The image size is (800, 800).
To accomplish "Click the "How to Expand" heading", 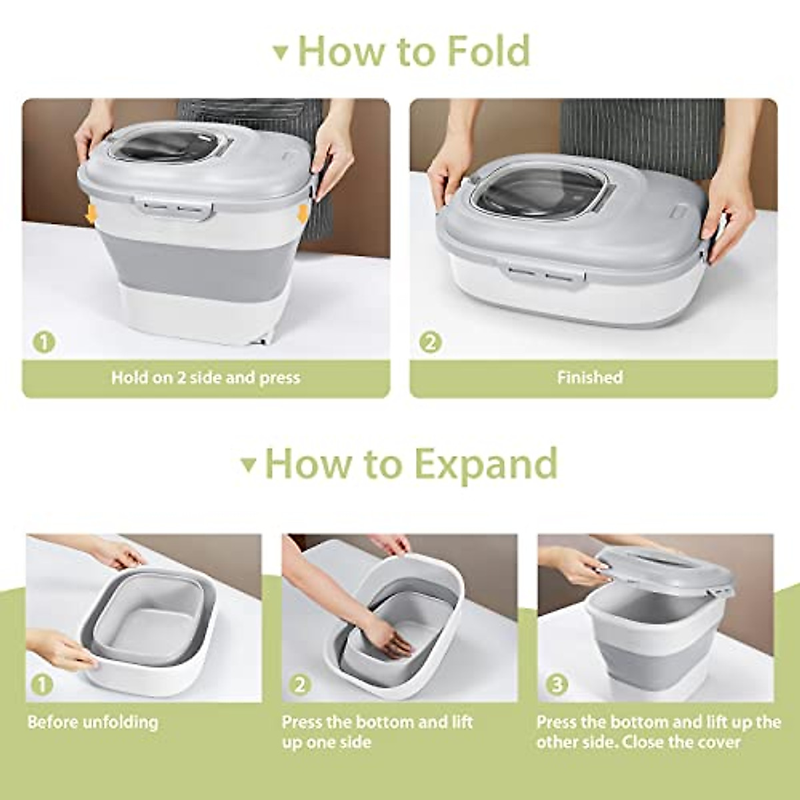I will pos(411,463).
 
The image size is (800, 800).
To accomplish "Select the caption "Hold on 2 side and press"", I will pos(205,378).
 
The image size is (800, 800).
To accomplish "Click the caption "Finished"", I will pos(589,378).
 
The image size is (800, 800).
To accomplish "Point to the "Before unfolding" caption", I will pos(93,722).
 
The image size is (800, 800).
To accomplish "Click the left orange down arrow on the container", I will pos(91,214).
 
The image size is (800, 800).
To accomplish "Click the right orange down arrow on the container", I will pos(303,214).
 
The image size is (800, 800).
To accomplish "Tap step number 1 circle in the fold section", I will pos(43,343).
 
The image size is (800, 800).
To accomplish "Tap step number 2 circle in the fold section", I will pos(430,343).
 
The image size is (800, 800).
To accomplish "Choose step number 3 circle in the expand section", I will pos(556,684).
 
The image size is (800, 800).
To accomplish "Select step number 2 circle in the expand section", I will pos(300,684).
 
